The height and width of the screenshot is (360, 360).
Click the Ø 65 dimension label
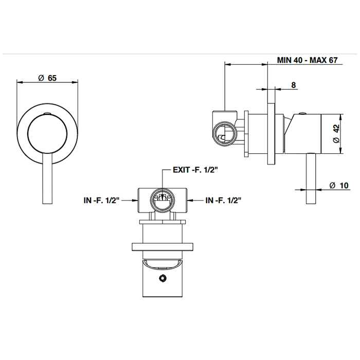[47, 78]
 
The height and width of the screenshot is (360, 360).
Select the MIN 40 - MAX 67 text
[307, 60]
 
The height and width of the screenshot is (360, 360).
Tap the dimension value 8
[293, 85]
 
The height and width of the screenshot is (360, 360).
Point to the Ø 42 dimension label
[335, 133]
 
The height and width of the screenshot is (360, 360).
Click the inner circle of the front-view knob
[47, 134]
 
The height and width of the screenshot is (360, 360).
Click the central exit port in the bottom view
[163, 198]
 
